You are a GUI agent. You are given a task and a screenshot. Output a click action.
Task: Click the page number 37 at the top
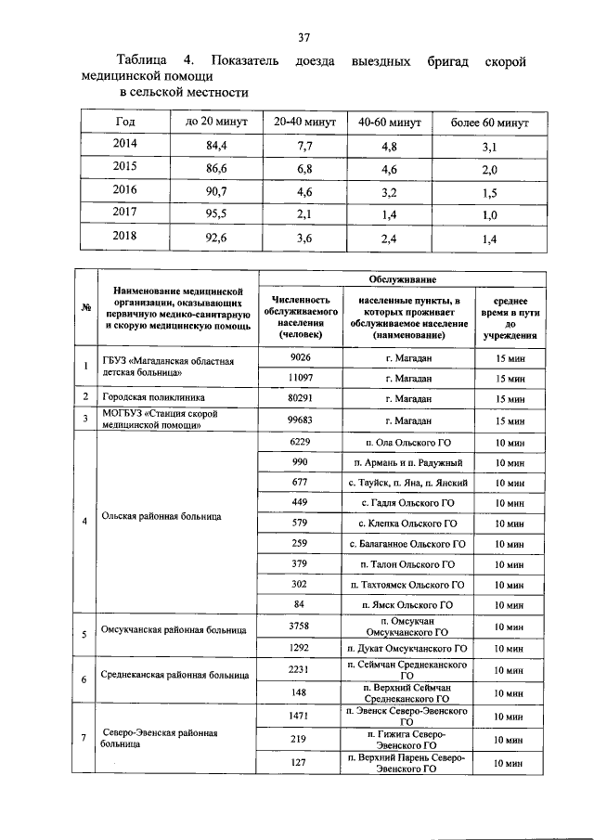pyautogui.click(x=303, y=38)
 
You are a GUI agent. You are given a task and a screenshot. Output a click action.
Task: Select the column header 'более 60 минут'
pyautogui.click(x=489, y=123)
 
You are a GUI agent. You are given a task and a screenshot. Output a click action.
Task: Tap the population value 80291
pyautogui.click(x=299, y=398)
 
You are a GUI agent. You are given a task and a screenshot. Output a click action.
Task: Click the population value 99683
pyautogui.click(x=299, y=420)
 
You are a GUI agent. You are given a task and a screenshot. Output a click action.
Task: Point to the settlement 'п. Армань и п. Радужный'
pyautogui.click(x=408, y=461)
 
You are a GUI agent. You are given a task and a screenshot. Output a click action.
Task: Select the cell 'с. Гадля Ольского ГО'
pyautogui.click(x=408, y=502)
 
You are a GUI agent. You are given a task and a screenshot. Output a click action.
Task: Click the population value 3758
pyautogui.click(x=299, y=627)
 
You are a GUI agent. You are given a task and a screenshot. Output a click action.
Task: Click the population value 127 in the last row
pyautogui.click(x=299, y=762)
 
